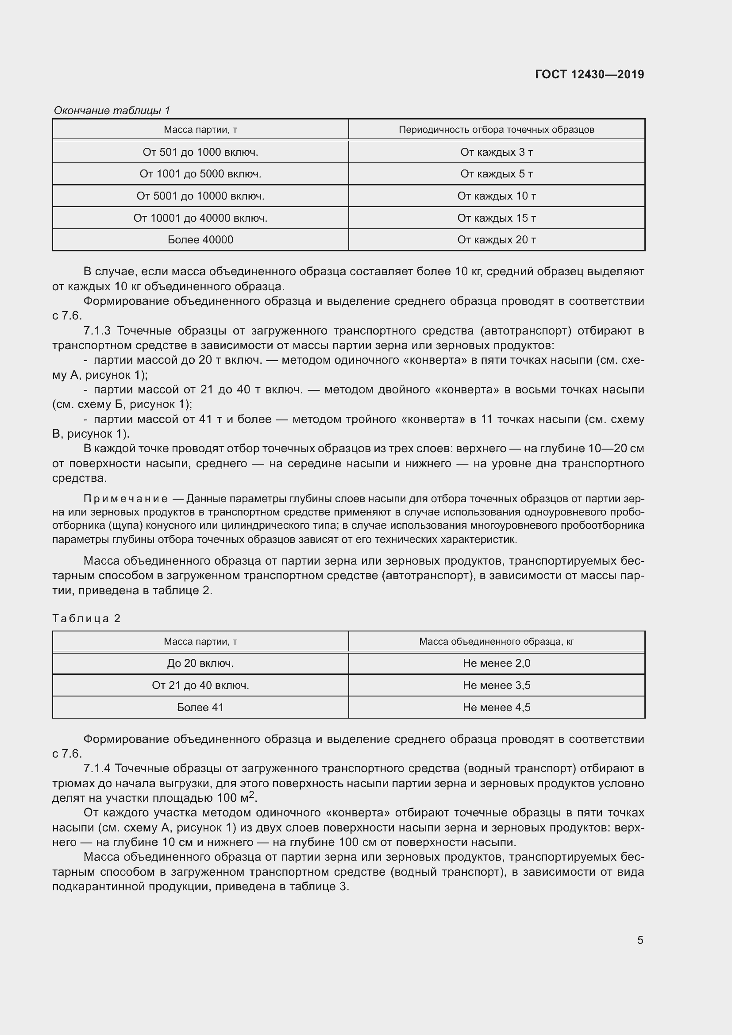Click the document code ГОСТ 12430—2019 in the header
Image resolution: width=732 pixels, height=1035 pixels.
tap(589, 74)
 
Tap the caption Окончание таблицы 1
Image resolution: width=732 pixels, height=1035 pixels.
tap(112, 111)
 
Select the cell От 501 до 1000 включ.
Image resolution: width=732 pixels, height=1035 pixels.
tap(200, 152)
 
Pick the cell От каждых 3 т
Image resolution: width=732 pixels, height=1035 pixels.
tap(496, 152)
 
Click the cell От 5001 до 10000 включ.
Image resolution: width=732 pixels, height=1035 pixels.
tap(200, 196)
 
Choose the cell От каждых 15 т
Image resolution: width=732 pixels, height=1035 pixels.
tap(496, 218)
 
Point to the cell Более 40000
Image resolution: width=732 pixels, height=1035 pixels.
tap(200, 240)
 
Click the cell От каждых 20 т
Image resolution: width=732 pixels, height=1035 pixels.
tap(496, 240)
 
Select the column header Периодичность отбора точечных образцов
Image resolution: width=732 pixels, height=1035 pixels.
tap(496, 130)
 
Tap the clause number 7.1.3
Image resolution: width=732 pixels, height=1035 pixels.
tap(97, 331)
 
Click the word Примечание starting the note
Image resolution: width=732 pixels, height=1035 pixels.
tap(126, 499)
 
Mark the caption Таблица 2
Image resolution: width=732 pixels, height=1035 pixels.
tap(87, 619)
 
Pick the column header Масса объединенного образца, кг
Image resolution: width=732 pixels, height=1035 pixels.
tap(496, 642)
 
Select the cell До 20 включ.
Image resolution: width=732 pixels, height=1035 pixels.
tap(200, 664)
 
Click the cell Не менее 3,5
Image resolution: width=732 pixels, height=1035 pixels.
tap(496, 685)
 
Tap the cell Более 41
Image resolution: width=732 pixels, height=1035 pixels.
tap(200, 708)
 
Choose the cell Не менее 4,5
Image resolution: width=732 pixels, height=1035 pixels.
tap(496, 708)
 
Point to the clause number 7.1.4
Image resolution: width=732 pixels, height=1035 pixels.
tap(97, 768)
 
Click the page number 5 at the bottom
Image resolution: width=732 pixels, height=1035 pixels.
tap(640, 940)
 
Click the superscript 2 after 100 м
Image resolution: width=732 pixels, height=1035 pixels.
tap(252, 794)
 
